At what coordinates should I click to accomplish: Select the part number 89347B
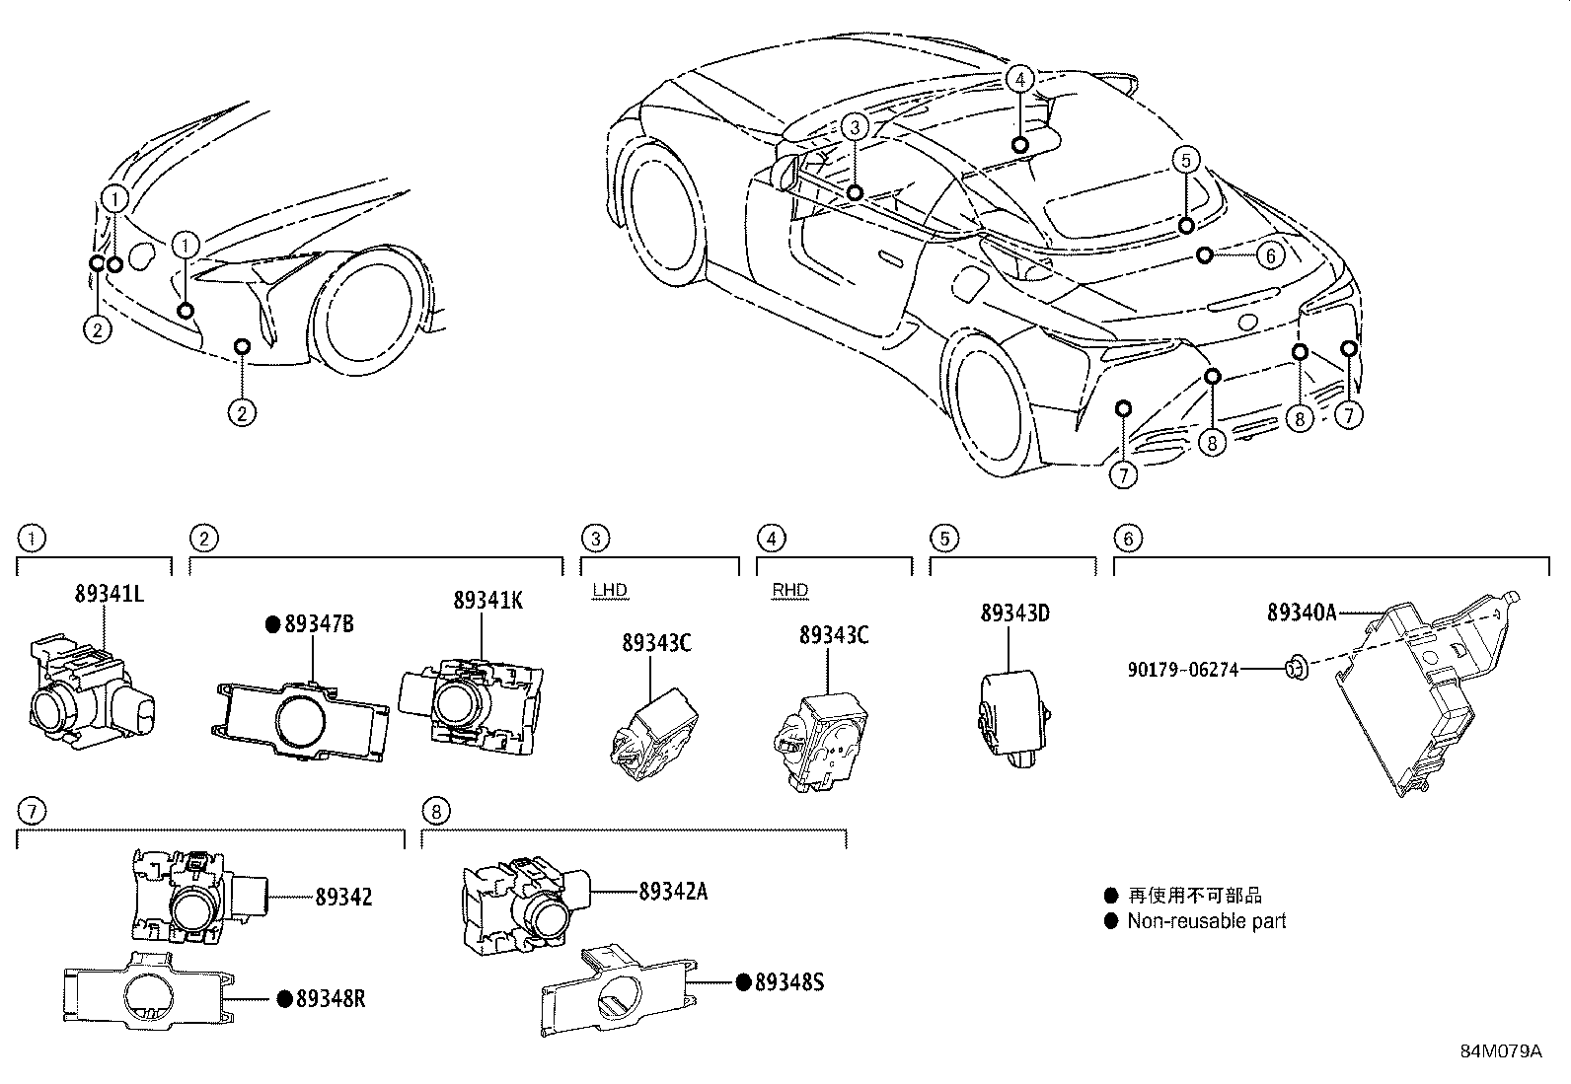(x=319, y=623)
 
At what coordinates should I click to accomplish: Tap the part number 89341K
(x=487, y=600)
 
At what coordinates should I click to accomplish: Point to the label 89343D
(x=1014, y=613)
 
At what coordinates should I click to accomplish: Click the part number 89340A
(x=1301, y=613)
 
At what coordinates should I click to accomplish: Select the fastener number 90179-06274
(x=1182, y=669)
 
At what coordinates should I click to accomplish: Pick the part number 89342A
(x=673, y=891)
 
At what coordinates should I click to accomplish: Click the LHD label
(x=609, y=590)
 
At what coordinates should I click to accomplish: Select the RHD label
(x=789, y=590)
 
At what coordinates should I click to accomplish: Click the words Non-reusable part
(x=1206, y=921)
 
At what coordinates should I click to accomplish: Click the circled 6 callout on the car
(x=1270, y=255)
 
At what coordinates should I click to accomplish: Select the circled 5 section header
(x=944, y=538)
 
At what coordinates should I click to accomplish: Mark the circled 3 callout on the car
(x=855, y=126)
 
